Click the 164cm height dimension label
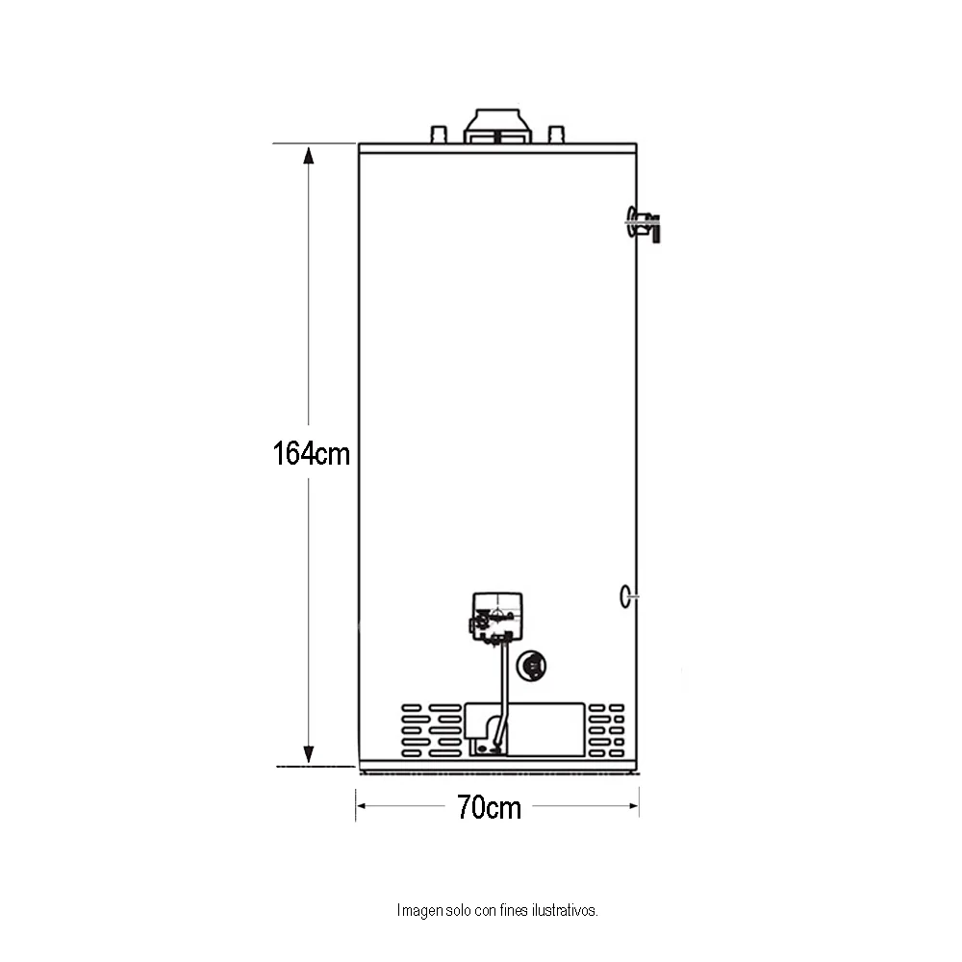click(311, 454)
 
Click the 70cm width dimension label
click(489, 807)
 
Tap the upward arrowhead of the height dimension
click(309, 155)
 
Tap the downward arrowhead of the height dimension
click(309, 754)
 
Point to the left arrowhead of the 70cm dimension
click(362, 805)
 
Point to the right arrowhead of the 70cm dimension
click(633, 805)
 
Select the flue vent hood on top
click(497, 126)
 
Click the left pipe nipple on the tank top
click(440, 135)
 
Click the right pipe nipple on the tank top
click(556, 135)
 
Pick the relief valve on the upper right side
click(644, 223)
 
